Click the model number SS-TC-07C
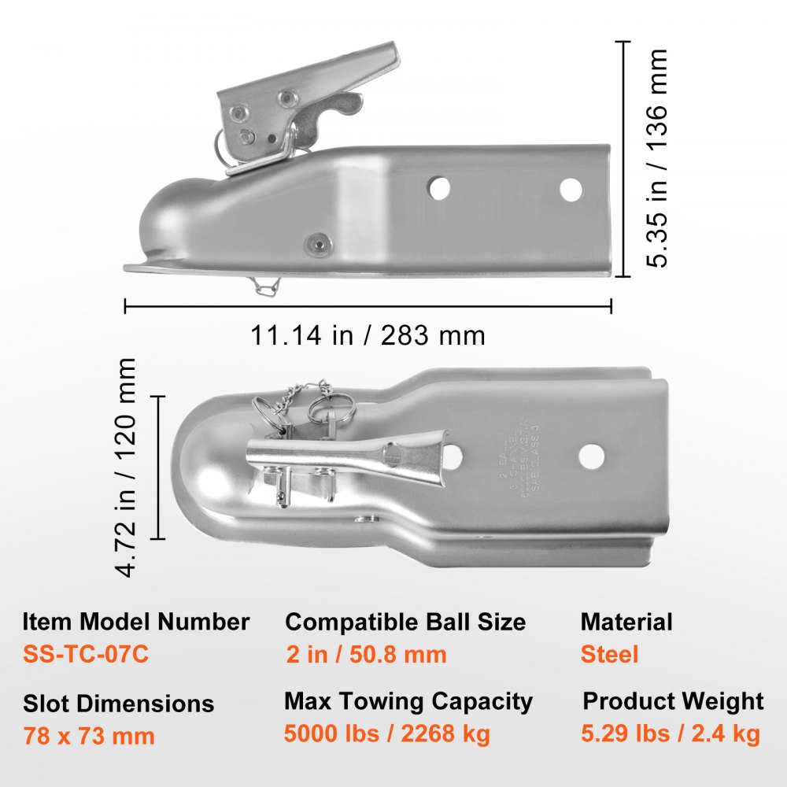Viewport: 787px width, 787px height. (86, 654)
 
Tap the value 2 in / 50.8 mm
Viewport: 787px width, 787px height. (366, 654)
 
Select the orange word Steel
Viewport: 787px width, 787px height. (609, 654)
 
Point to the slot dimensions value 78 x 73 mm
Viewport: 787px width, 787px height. (89, 736)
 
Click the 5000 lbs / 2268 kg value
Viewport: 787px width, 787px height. (387, 734)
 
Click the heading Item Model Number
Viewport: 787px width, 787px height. (136, 622)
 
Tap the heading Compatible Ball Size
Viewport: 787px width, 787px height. (405, 622)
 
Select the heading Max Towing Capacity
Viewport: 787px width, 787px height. (408, 701)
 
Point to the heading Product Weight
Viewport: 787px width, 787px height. (673, 701)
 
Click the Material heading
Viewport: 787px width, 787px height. (626, 622)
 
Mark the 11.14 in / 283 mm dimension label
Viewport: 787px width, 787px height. (368, 336)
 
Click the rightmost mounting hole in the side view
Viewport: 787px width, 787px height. (571, 189)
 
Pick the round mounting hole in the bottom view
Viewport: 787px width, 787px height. (591, 456)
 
